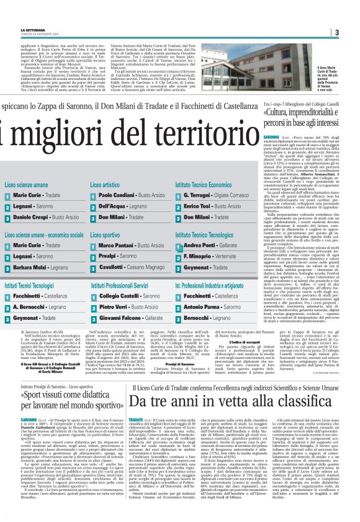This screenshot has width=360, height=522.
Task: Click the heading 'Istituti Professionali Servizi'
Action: [120, 286]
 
